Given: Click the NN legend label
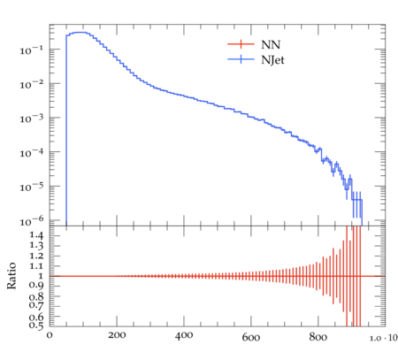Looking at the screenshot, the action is [x=271, y=44].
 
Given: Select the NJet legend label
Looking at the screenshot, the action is [x=272, y=60].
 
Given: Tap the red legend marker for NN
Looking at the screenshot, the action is [x=241, y=44].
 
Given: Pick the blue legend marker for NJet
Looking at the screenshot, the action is [x=241, y=59].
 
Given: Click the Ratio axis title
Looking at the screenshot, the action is [x=11, y=276].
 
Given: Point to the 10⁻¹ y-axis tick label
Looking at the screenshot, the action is [x=32, y=50].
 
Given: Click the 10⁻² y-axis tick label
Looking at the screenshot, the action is [x=32, y=84].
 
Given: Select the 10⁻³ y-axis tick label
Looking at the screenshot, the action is [x=32, y=119].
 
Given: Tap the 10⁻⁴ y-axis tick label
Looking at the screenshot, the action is [x=32, y=152].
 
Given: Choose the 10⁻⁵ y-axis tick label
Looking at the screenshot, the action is [x=32, y=187].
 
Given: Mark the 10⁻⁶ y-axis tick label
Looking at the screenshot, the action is [x=32, y=221].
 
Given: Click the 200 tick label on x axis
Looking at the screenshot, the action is [x=117, y=335].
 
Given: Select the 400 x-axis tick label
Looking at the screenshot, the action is [x=184, y=335].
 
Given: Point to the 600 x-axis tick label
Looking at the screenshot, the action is [x=251, y=336].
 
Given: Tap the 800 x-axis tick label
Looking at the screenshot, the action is [x=318, y=336].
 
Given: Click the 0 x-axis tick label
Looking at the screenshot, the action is [x=50, y=335].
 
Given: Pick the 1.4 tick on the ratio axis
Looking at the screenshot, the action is [x=36, y=235].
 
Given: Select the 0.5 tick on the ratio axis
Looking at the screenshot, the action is [x=36, y=325].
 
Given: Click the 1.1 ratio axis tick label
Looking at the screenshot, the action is [x=36, y=266].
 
